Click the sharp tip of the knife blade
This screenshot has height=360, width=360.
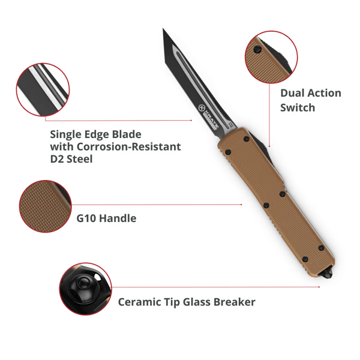(163, 29)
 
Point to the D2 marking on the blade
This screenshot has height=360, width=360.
(231, 125)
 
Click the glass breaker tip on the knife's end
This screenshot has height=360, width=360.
(329, 274)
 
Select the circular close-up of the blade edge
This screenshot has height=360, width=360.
(43, 89)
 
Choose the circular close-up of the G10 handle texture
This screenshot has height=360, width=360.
(45, 206)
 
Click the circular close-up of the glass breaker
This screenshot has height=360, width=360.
(85, 289)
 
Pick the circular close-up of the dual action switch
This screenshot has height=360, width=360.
(271, 57)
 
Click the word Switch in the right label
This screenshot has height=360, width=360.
(298, 107)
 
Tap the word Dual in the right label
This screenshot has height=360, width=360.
(292, 93)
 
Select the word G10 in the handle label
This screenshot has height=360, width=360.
(86, 218)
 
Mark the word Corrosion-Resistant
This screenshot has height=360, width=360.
(128, 147)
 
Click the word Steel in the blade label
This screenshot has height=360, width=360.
(79, 159)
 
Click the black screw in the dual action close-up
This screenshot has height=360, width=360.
(257, 49)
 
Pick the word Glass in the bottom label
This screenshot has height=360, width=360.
(197, 302)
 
